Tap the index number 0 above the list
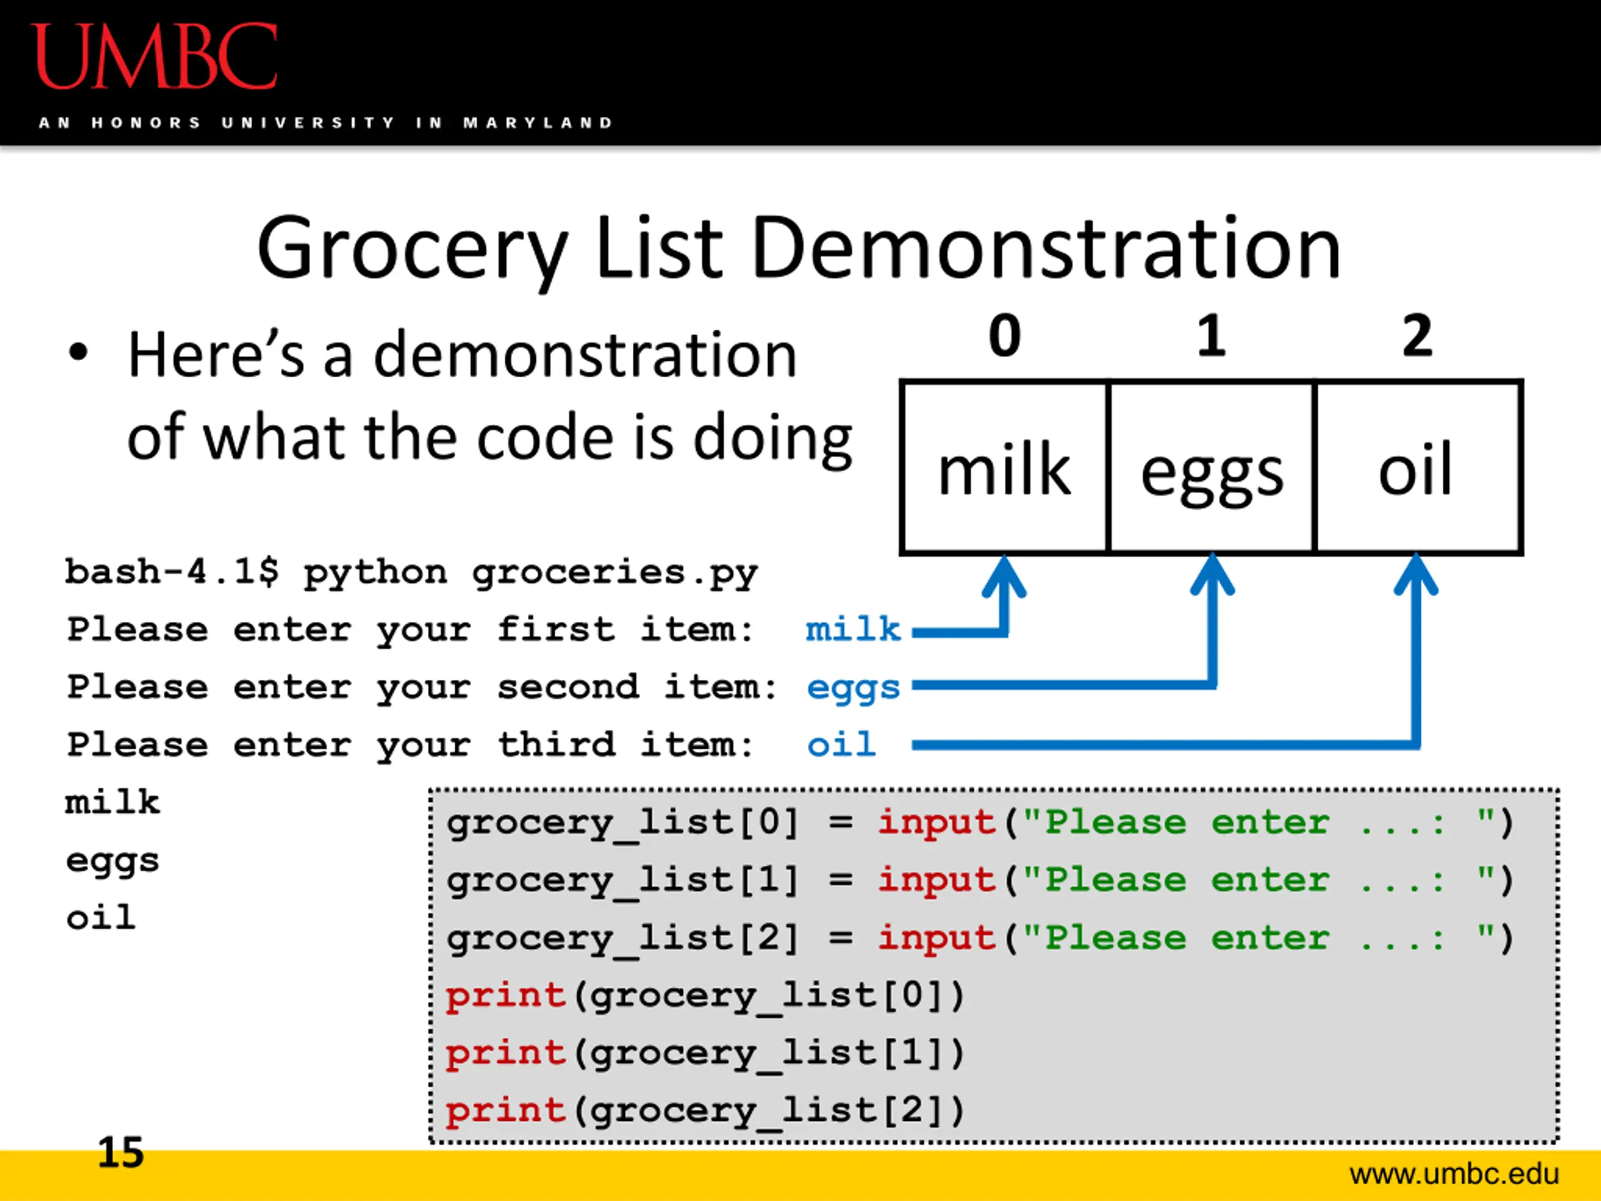pos(1004,336)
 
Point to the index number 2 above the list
pos(1417,336)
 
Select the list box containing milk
pos(1004,467)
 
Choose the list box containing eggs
pos(1211,467)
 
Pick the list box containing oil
pos(1418,467)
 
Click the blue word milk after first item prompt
pos(853,629)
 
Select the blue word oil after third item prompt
pos(841,744)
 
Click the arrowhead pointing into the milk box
pos(1004,575)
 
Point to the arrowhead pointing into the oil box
pos(1417,575)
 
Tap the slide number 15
pos(121,1152)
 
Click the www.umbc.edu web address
pos(1454,1174)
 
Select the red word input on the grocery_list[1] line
pos(937,880)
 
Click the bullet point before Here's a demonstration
pos(78,353)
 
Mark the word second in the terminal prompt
pos(568,686)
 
